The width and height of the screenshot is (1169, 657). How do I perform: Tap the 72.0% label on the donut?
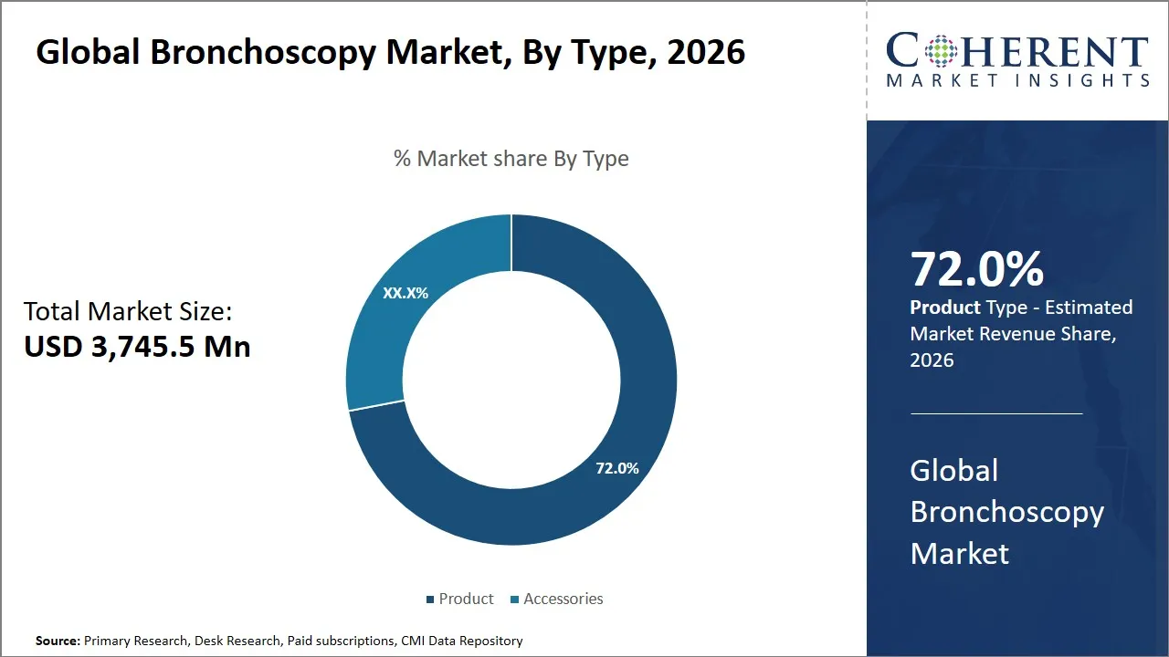coord(617,468)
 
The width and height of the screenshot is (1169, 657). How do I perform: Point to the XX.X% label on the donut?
coord(405,293)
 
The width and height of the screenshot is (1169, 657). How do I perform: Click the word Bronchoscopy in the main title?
coord(262,53)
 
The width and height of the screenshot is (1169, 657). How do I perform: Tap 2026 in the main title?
coord(706,53)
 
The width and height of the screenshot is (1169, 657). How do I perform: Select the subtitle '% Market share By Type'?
coord(511,159)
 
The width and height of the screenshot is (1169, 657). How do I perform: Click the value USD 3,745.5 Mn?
coord(137,347)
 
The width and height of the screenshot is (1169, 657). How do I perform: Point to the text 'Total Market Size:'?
coord(128,312)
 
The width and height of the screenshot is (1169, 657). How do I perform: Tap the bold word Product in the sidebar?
coord(945,308)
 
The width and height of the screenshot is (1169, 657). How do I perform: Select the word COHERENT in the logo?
coord(1017,52)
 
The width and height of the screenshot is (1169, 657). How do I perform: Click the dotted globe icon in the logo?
coord(941,50)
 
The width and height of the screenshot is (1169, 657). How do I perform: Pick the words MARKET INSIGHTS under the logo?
coord(1017,80)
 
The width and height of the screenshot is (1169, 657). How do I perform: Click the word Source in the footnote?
coord(58,641)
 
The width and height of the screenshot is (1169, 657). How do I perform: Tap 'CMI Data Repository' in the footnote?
coord(461,641)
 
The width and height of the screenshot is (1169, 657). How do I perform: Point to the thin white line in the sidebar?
coord(995,413)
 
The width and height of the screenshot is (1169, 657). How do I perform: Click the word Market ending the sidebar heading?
coord(959,553)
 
